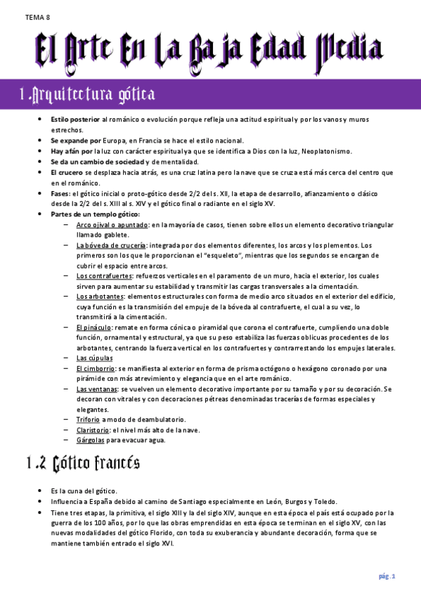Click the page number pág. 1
coord(387,576)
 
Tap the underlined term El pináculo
coord(93,328)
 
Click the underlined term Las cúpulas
coord(92,358)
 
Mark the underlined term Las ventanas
coord(96,389)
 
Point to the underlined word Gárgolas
coord(91,440)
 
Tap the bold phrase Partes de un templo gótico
coord(95,214)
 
